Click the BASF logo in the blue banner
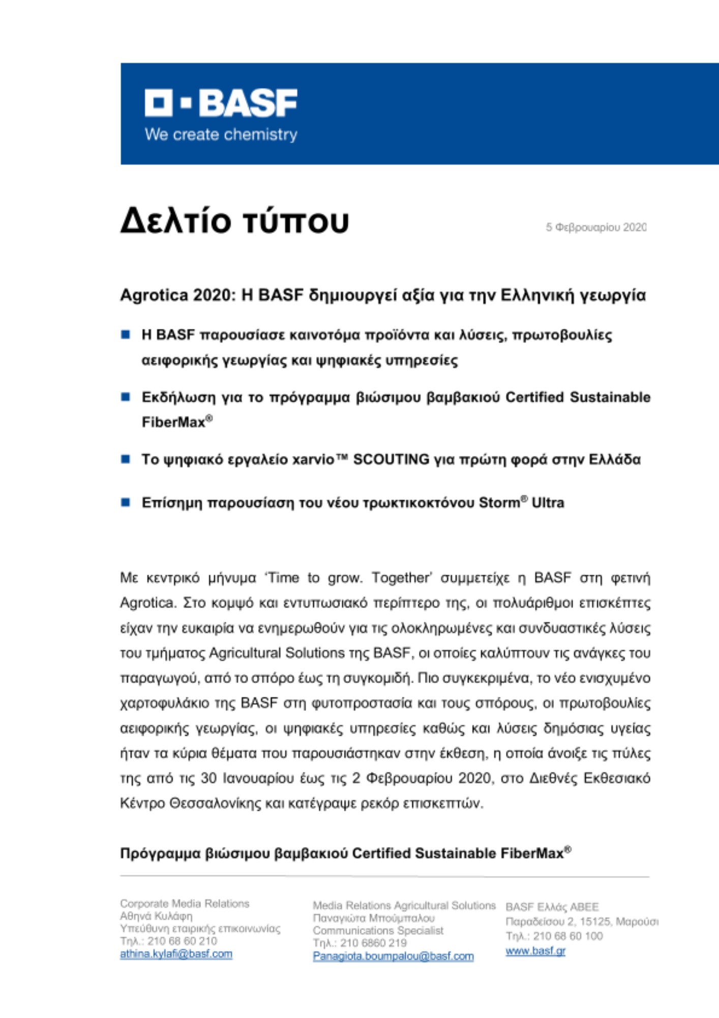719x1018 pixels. pyautogui.click(x=221, y=103)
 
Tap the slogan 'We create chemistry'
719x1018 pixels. pyautogui.click(x=221, y=134)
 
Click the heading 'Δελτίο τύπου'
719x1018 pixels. pyautogui.click(x=234, y=221)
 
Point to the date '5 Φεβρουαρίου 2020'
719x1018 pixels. pyautogui.click(x=596, y=227)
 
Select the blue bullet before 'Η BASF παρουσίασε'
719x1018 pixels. pyautogui.click(x=126, y=334)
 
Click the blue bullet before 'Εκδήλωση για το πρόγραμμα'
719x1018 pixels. pyautogui.click(x=126, y=397)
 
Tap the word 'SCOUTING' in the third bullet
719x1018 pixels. pyautogui.click(x=391, y=460)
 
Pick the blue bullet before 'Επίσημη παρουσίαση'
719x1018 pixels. pyautogui.click(x=126, y=502)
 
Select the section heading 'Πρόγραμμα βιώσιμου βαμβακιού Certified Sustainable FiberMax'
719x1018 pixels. pyautogui.click(x=345, y=854)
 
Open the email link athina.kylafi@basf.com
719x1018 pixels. pyautogui.click(x=176, y=954)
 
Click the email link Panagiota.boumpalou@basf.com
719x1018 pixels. pyautogui.click(x=393, y=956)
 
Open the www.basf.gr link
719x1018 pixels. pyautogui.click(x=535, y=951)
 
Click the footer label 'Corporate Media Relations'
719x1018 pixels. pyautogui.click(x=185, y=903)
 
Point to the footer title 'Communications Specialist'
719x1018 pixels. pyautogui.click(x=378, y=930)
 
